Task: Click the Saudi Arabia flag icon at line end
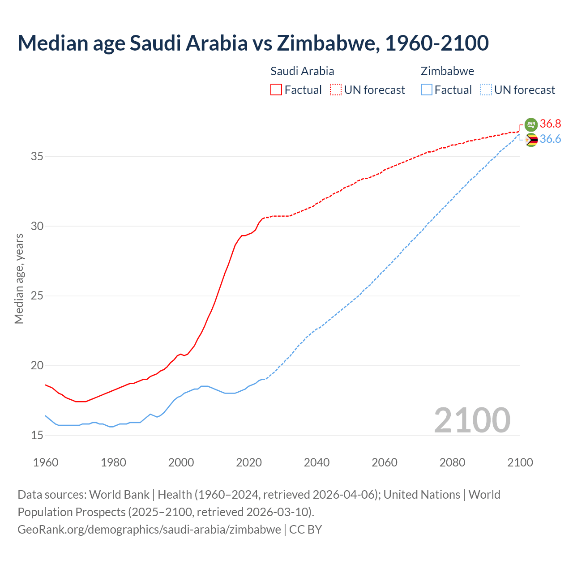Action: coord(531,124)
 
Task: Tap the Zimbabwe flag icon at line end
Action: coord(531,140)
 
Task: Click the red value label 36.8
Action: coord(550,124)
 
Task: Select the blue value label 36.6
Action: coord(550,139)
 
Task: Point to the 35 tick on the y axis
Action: coord(37,157)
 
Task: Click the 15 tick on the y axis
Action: coord(37,435)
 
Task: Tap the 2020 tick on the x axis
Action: coord(249,462)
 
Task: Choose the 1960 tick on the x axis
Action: coord(46,462)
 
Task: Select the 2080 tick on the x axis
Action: coord(452,462)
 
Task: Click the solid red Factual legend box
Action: coord(276,90)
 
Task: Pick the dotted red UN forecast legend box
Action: coord(336,90)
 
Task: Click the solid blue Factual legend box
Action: coord(427,90)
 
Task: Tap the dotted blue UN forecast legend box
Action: coord(486,90)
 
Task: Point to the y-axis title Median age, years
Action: coord(19,278)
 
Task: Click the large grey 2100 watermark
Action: coord(472,420)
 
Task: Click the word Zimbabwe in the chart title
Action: coord(326,43)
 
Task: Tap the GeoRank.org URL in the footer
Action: coord(149,529)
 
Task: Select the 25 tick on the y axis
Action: coord(37,296)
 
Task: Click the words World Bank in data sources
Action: coord(119,495)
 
